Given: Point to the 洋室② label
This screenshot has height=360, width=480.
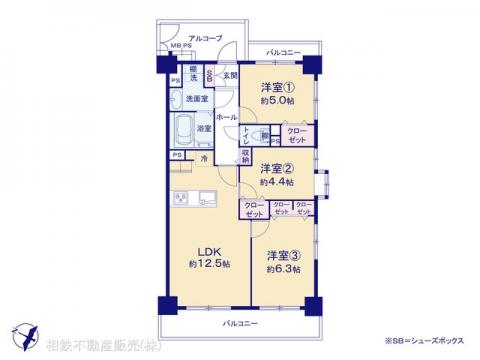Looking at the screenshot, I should point(276,168).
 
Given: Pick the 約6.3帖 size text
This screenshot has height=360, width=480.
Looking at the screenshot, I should point(282,268).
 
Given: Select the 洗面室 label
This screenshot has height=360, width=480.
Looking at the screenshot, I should point(196,99).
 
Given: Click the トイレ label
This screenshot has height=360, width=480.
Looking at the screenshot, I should point(247,134).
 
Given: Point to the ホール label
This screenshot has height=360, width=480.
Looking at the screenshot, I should point(226,117).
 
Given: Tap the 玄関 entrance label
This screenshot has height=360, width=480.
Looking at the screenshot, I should point(228,75).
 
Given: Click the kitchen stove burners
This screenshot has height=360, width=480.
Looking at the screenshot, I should point(182,197).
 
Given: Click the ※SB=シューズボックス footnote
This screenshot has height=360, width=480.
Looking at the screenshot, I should point(421,346).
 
